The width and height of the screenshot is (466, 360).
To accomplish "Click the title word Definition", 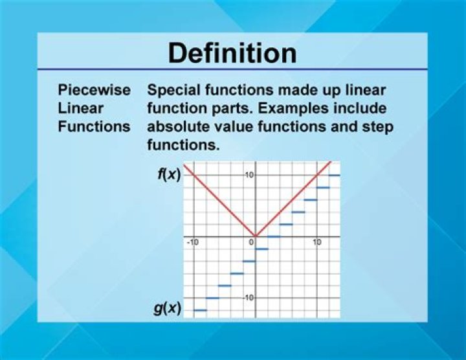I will pos(232,53).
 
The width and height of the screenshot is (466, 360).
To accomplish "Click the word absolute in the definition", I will pos(177,126).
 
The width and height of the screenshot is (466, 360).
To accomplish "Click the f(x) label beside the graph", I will pos(170,175).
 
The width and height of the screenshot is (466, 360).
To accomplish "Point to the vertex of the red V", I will pos(255,236).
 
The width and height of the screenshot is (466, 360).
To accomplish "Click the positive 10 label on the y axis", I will pos(249,175).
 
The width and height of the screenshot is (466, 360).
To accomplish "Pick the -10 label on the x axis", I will pos(192,242).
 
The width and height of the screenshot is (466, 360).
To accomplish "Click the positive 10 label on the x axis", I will pos(317,242).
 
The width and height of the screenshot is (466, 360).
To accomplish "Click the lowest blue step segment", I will pos(200,310).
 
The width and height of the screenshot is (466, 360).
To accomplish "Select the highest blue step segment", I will pos(335,175).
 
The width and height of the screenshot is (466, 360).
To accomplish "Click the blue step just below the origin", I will pos(261,249).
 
